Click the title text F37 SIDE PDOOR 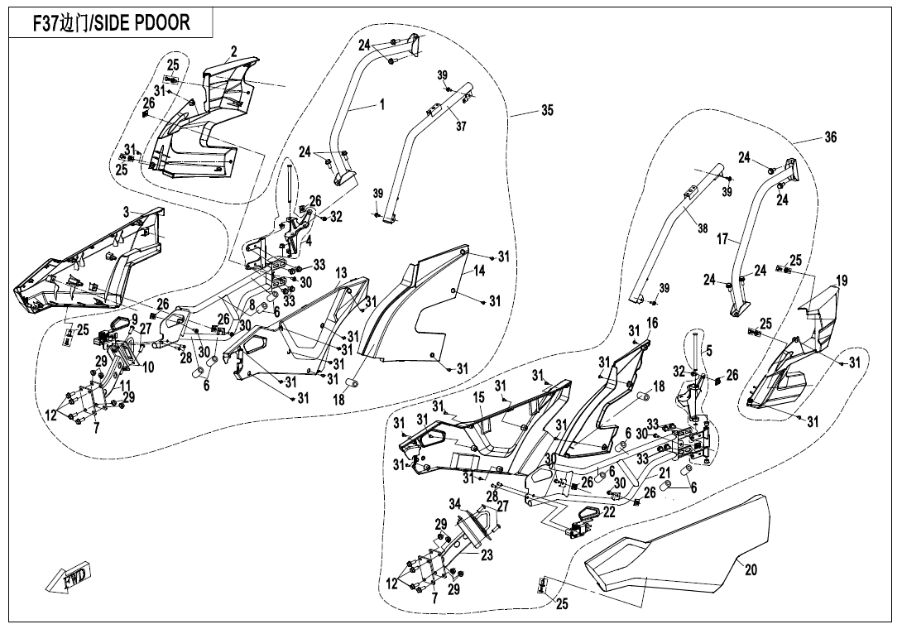tap(110, 23)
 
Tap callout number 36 tap(830, 138)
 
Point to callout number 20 tap(751, 570)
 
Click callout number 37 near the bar tap(461, 127)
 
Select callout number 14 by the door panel tap(479, 271)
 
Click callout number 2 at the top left tap(234, 52)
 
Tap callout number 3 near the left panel tap(127, 212)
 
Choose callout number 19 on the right tap(841, 281)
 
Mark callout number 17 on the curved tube tap(722, 239)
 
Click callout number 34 tap(454, 503)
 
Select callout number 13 tap(341, 273)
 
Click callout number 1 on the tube tap(381, 104)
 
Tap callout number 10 tap(147, 366)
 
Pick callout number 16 tap(651, 322)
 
